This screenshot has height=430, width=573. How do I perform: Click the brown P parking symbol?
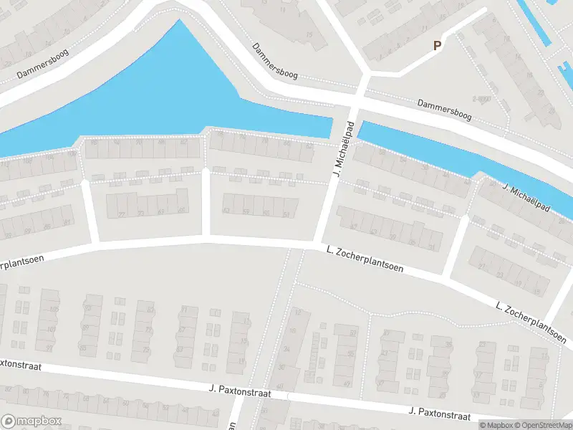tap(437, 46)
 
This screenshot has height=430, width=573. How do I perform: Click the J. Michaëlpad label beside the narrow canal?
tap(526, 198)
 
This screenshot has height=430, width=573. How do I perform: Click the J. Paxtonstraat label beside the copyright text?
tap(439, 414)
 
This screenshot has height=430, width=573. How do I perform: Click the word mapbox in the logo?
tap(39, 421)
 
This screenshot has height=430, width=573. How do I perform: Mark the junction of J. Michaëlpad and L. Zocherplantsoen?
tap(318, 245)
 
